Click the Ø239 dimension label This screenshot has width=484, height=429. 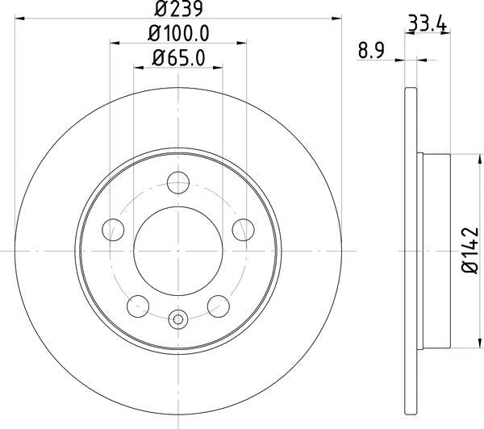point(178,10)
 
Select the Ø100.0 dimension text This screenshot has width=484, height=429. point(179,35)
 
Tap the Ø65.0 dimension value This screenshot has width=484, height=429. point(179,59)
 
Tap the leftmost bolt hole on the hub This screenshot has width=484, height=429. point(114,231)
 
